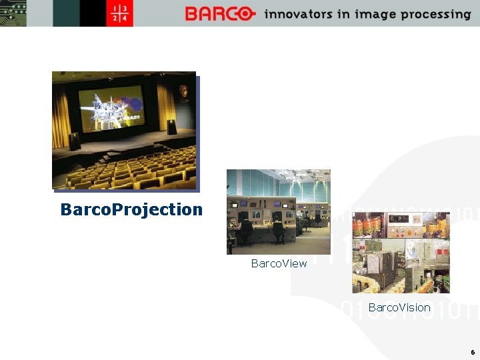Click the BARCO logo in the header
220,14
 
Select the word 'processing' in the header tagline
438,15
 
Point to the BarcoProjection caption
131,209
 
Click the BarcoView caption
279,263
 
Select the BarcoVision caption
399,307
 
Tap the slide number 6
472,352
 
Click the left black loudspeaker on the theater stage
74,141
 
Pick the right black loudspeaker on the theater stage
172,127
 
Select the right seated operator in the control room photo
278,229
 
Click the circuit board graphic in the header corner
12,13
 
